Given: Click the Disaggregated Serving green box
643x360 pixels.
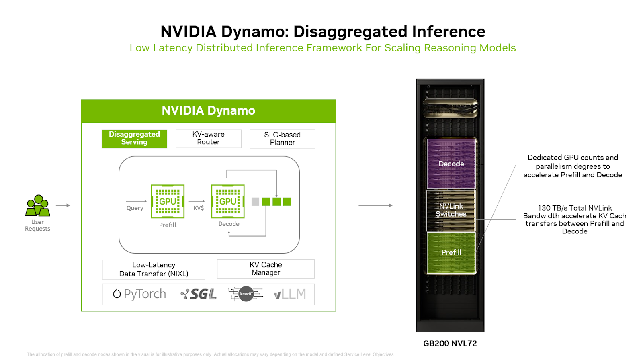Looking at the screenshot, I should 134,139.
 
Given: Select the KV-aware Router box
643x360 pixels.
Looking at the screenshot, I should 208,139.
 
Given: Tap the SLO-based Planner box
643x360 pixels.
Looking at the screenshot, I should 282,139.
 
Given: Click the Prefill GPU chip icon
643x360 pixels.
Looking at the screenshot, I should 168,201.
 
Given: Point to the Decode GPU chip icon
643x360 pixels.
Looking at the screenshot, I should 228,201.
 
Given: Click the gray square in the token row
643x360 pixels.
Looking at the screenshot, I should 255,202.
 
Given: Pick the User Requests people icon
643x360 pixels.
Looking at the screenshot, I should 38,205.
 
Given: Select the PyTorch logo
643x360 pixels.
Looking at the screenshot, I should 139,294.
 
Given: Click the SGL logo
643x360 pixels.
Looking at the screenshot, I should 199,294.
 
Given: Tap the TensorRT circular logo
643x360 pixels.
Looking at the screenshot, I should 246,294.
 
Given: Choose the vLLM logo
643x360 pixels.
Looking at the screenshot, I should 290,294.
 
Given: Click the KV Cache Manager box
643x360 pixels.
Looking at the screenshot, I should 266,269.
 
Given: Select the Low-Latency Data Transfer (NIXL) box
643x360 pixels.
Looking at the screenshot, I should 154,269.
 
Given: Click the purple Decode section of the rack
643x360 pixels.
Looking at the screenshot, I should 451,164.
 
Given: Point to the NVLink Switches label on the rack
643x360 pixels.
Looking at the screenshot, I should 451,210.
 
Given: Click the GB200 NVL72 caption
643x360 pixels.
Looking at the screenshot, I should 450,344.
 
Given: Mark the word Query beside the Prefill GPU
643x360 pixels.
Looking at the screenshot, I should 135,208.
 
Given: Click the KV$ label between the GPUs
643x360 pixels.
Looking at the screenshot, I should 199,208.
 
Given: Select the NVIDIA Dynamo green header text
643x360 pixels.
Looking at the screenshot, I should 208,110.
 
